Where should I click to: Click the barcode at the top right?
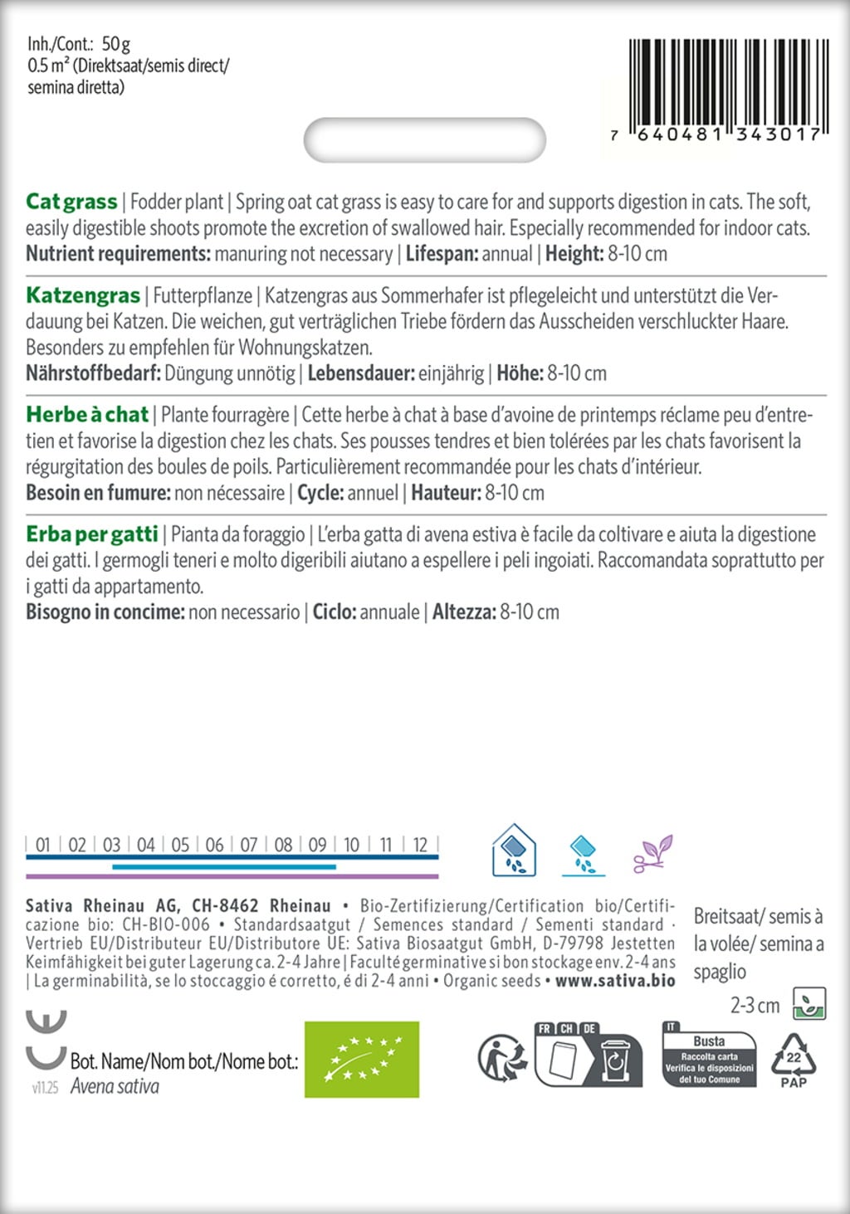(725, 90)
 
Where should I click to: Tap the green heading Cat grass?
(71, 202)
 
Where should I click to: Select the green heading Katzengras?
(83, 295)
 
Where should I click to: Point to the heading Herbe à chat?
(87, 414)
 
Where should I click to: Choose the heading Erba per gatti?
(91, 534)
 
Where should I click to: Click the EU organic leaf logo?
(362, 1060)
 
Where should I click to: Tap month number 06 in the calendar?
(214, 845)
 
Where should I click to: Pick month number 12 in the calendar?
(420, 845)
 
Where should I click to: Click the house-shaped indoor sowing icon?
(514, 851)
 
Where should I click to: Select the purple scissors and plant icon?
(652, 853)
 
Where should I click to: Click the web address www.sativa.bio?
(615, 981)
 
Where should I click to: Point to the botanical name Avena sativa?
(115, 1086)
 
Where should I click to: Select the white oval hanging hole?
(425, 140)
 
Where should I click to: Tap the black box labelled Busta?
(709, 1059)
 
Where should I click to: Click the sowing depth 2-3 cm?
(755, 1006)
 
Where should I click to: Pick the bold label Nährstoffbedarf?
(93, 373)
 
